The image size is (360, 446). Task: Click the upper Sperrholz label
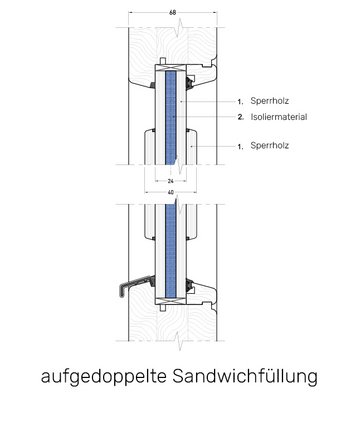click(x=269, y=102)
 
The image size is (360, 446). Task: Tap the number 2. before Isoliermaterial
click(x=241, y=117)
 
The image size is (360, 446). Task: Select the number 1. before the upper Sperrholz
click(x=241, y=102)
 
